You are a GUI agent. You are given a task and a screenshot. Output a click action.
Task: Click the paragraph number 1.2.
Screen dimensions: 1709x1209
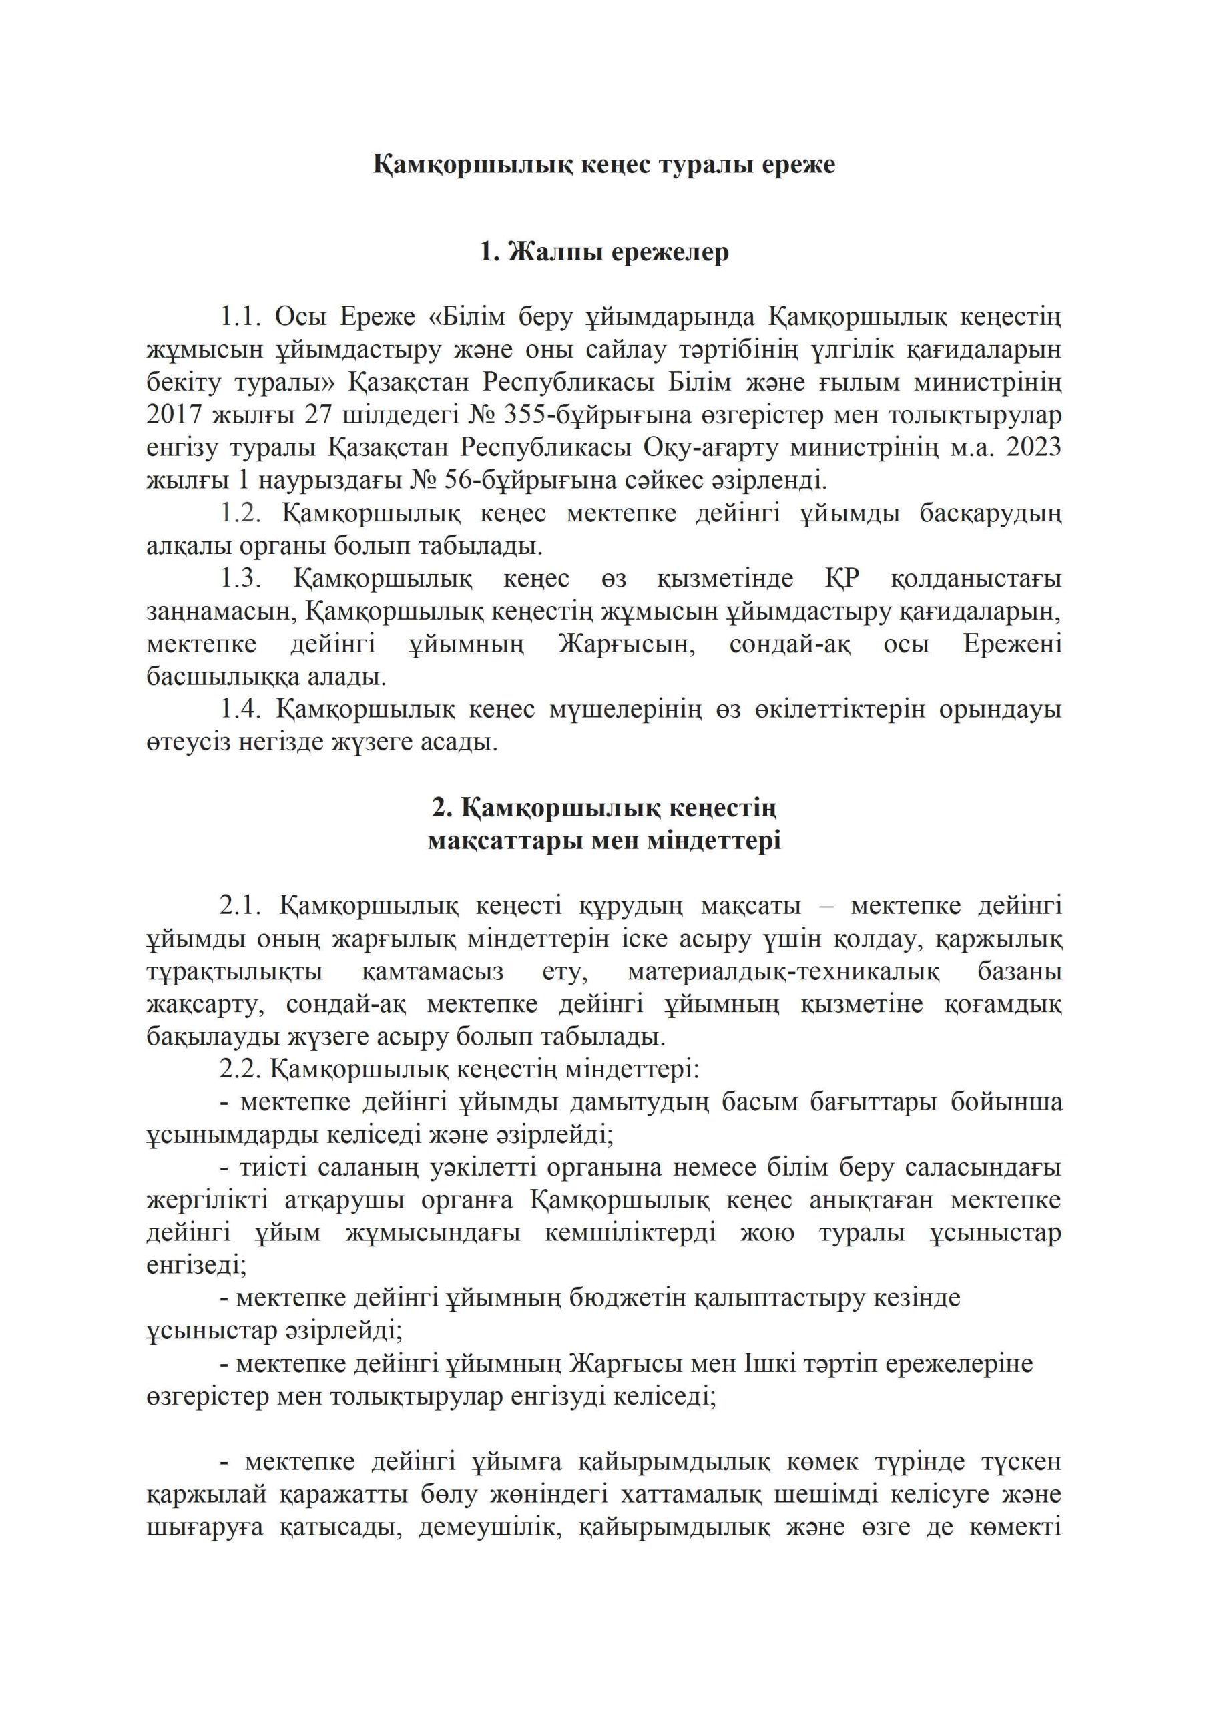click(240, 514)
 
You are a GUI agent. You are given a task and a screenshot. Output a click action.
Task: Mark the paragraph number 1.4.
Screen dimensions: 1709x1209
click(240, 710)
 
